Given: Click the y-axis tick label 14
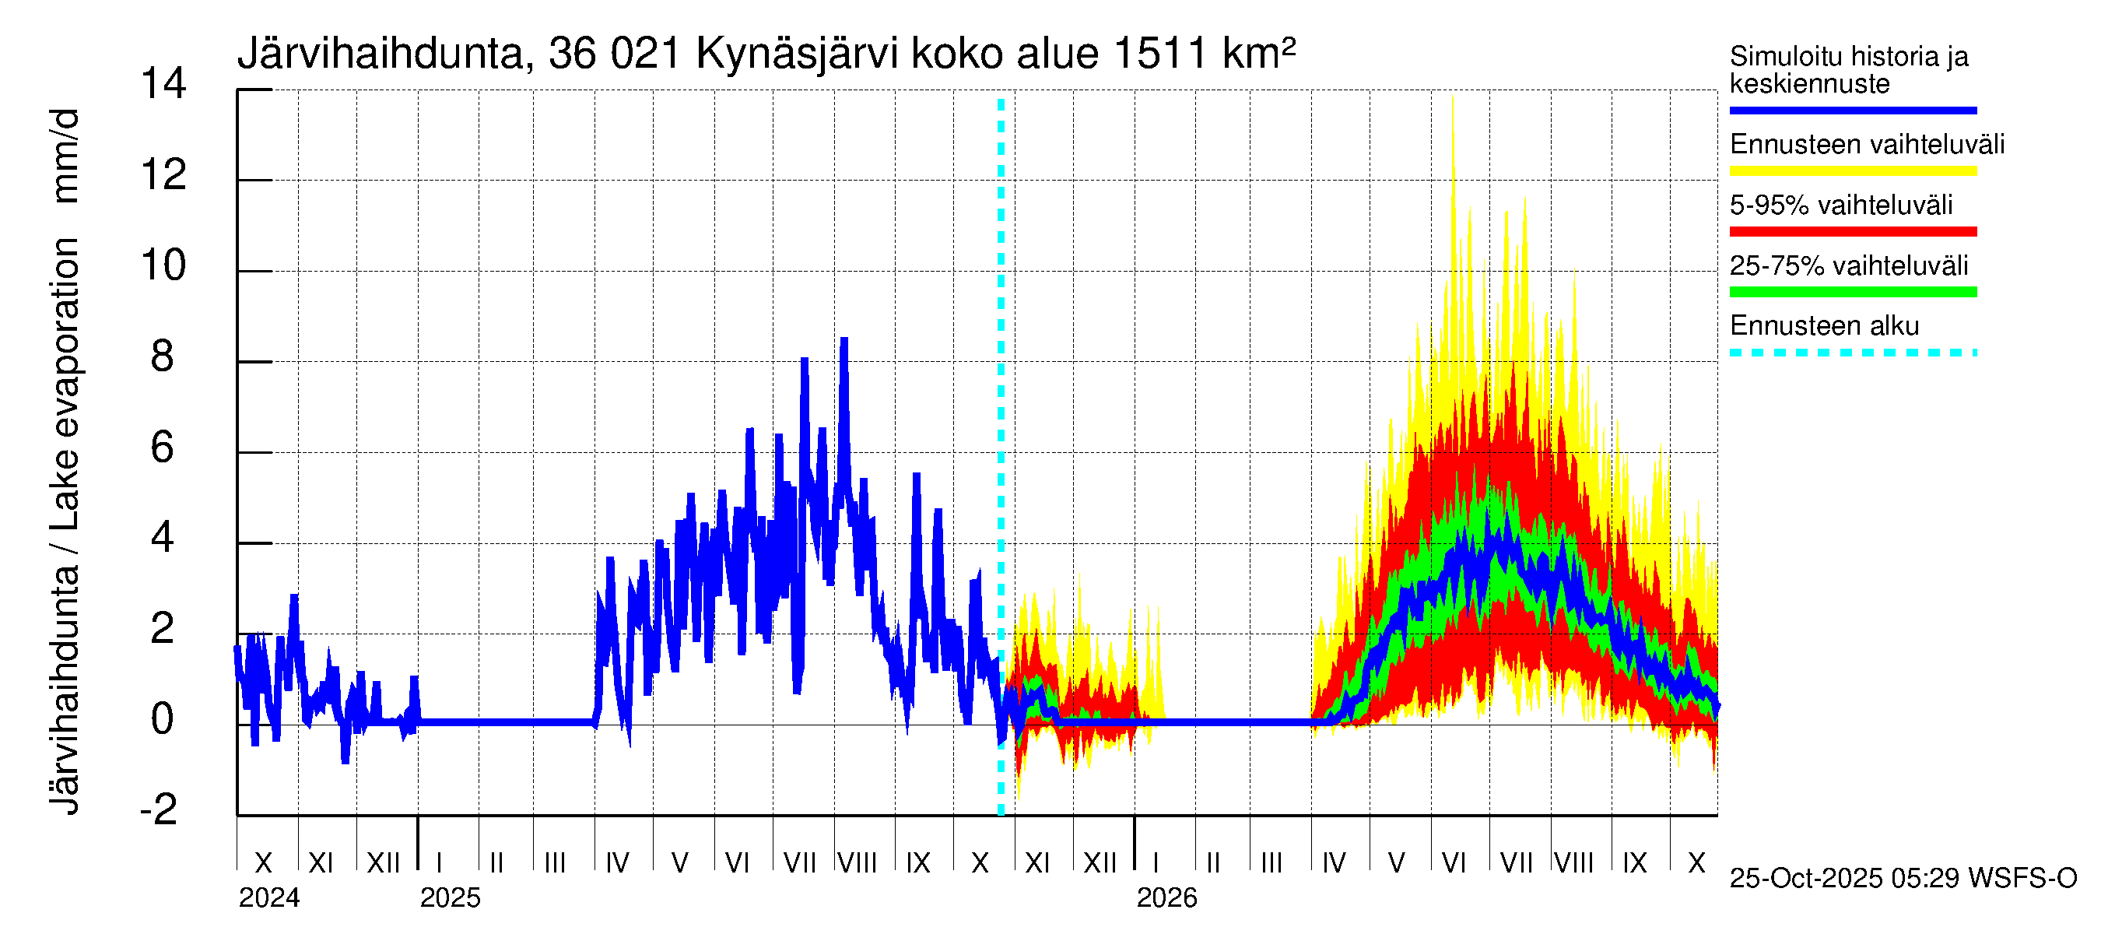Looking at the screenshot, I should point(163,84).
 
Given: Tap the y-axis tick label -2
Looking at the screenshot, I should point(159,809).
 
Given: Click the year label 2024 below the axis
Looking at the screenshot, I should point(269,897).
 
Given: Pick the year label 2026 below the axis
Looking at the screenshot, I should point(1166,897).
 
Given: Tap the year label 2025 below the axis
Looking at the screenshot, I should point(451,897).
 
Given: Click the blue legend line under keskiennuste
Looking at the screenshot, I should point(1852,110).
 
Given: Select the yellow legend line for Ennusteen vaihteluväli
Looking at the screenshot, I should point(1852,170).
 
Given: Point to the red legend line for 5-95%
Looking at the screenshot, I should point(1852,232).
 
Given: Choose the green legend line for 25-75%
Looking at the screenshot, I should point(1852,292).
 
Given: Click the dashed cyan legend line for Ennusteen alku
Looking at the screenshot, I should point(1852,353).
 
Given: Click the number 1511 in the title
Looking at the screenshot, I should point(1158,54).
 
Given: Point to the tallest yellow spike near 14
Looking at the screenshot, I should point(1452,98).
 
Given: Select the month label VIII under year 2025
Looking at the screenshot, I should point(858,862).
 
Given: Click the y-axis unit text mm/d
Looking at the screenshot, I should point(65,155).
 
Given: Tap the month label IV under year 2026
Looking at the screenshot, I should point(1334,862).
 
